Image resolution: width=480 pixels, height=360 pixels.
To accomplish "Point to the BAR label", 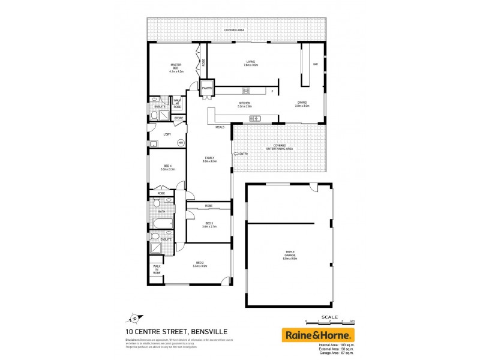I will [314, 65].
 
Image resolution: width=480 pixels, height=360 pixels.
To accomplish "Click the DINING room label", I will [302, 104].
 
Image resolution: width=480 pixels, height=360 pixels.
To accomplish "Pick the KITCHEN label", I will [244, 104].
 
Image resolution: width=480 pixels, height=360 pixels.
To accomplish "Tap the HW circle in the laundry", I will [180, 142].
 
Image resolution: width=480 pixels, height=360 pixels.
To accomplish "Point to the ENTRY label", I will [243, 154].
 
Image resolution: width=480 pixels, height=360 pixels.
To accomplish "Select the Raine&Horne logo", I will [318, 335].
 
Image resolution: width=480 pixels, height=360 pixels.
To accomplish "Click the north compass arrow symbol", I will [134, 317].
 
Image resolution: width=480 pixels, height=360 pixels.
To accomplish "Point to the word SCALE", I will [330, 316].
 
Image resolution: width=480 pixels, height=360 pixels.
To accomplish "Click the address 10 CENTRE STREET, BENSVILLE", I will [168, 331].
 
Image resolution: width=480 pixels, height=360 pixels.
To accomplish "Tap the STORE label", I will [179, 118].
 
